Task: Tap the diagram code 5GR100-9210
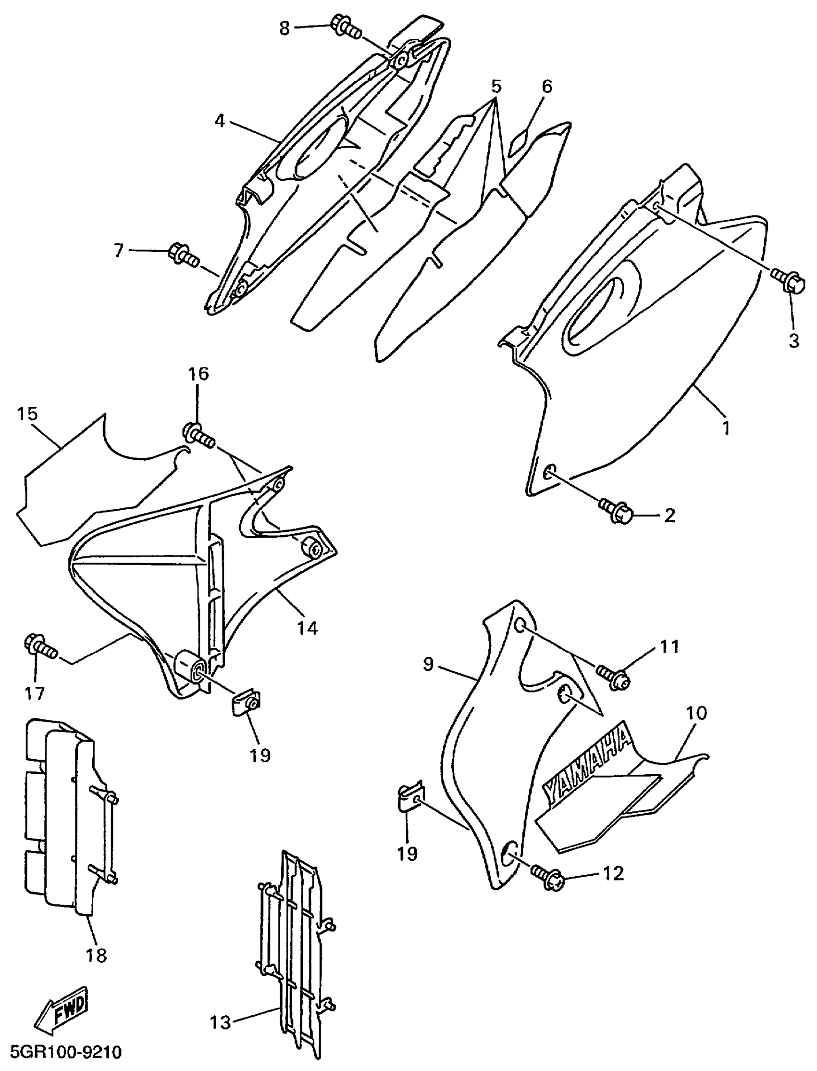[x=62, y=1052]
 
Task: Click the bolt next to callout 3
[x=783, y=279]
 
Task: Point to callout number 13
[x=220, y=1021]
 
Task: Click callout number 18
[x=96, y=956]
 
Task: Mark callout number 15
[x=27, y=414]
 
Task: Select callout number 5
[x=495, y=87]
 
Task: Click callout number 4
[x=220, y=121]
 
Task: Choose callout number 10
[x=696, y=713]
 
